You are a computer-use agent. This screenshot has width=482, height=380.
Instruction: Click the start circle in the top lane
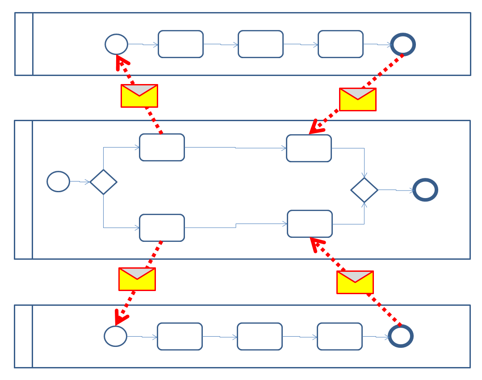click(x=117, y=44)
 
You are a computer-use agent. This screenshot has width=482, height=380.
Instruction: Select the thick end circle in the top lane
click(x=403, y=44)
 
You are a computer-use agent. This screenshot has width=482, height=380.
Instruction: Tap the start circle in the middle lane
click(x=59, y=182)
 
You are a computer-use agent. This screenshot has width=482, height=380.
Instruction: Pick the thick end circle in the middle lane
click(x=425, y=190)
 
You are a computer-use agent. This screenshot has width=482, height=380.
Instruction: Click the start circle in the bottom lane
click(x=116, y=336)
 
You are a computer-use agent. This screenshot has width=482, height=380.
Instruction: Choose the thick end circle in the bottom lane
click(x=401, y=336)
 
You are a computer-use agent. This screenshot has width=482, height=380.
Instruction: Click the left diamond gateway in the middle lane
click(x=103, y=182)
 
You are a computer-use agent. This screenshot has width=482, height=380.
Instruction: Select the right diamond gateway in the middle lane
click(x=365, y=190)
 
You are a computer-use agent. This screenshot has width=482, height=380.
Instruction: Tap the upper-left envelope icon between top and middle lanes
click(x=139, y=96)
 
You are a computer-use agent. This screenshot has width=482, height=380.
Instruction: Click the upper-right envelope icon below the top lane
click(x=358, y=99)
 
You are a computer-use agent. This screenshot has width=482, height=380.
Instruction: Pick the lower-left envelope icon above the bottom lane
click(x=137, y=279)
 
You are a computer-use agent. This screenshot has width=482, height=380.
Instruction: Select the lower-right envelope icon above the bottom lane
click(x=355, y=282)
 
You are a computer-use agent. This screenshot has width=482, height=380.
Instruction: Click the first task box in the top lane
click(x=181, y=44)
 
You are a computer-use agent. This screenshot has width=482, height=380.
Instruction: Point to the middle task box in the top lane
click(x=260, y=44)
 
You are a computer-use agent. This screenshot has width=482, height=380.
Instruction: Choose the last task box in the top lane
click(x=340, y=44)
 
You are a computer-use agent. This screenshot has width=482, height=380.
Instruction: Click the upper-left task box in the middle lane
click(x=162, y=147)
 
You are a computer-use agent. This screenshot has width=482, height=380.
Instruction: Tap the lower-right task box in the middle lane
click(x=310, y=224)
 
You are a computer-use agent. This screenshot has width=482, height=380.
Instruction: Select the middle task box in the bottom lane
click(x=260, y=336)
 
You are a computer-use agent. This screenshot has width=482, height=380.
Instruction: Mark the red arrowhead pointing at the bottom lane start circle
click(x=120, y=318)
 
